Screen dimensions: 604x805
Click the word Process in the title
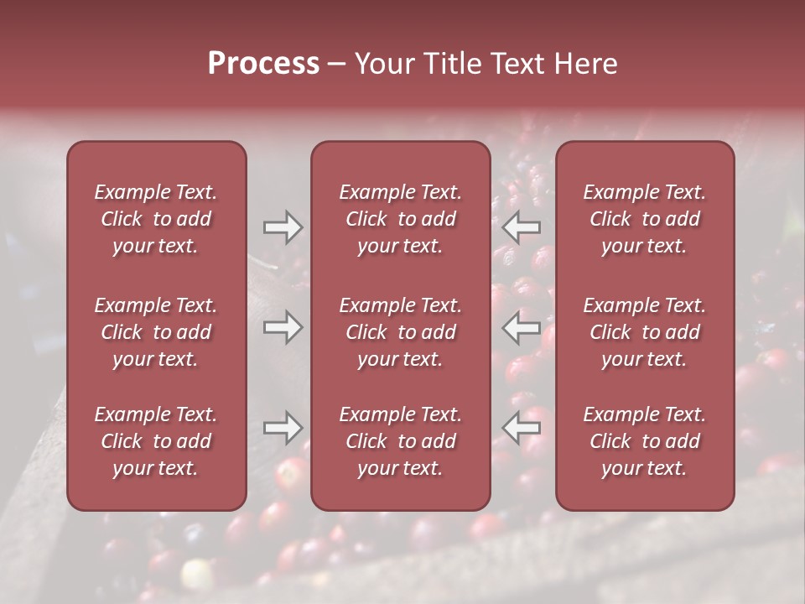pyautogui.click(x=263, y=64)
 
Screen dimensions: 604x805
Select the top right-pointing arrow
pyautogui.click(x=283, y=226)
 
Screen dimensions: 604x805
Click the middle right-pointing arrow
pyautogui.click(x=283, y=327)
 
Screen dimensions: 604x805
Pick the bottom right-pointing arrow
pyautogui.click(x=283, y=428)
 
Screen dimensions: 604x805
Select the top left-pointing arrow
pyautogui.click(x=522, y=226)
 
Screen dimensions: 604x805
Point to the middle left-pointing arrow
pyautogui.click(x=522, y=327)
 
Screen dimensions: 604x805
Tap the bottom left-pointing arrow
pyautogui.click(x=522, y=428)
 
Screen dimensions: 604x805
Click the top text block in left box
pyautogui.click(x=156, y=219)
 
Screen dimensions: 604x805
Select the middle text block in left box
pyautogui.click(x=156, y=332)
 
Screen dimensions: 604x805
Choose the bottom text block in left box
pyautogui.click(x=156, y=441)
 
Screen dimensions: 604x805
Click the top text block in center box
pyautogui.click(x=401, y=219)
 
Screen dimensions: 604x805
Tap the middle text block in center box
pyautogui.click(x=401, y=332)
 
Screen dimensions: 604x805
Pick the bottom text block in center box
pyautogui.click(x=401, y=441)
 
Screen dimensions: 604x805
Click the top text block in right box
pyautogui.click(x=645, y=219)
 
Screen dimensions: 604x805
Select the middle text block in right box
pyautogui.click(x=645, y=332)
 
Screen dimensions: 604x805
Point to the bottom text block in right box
pyautogui.click(x=645, y=441)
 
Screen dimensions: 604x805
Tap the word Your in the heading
pyautogui.click(x=382, y=64)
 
